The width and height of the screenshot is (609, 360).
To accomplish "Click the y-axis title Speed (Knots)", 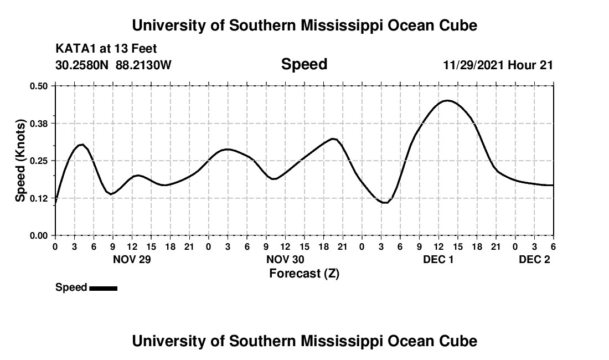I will click(x=20, y=161).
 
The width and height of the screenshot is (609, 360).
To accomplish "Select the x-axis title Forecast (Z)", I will click(x=304, y=273).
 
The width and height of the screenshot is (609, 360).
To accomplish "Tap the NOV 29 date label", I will click(x=132, y=259).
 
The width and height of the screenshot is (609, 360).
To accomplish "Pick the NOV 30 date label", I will click(x=285, y=259).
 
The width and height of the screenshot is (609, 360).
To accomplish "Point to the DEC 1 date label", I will click(x=438, y=259).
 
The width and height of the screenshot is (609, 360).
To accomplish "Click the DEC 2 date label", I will click(x=534, y=259).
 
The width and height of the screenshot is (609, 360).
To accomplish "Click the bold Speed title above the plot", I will click(x=304, y=64).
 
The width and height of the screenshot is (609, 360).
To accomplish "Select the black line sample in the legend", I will click(x=103, y=288).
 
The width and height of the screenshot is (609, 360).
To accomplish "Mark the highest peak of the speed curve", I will click(x=447, y=100).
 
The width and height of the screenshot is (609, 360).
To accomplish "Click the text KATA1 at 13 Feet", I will click(x=106, y=49).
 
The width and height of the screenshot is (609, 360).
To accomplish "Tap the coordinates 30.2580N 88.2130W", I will click(x=113, y=65).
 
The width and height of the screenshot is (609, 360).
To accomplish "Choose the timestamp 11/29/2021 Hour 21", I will click(x=498, y=65).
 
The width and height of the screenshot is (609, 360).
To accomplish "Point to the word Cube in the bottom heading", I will click(x=459, y=341).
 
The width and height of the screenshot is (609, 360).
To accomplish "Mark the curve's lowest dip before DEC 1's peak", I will click(x=385, y=203).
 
